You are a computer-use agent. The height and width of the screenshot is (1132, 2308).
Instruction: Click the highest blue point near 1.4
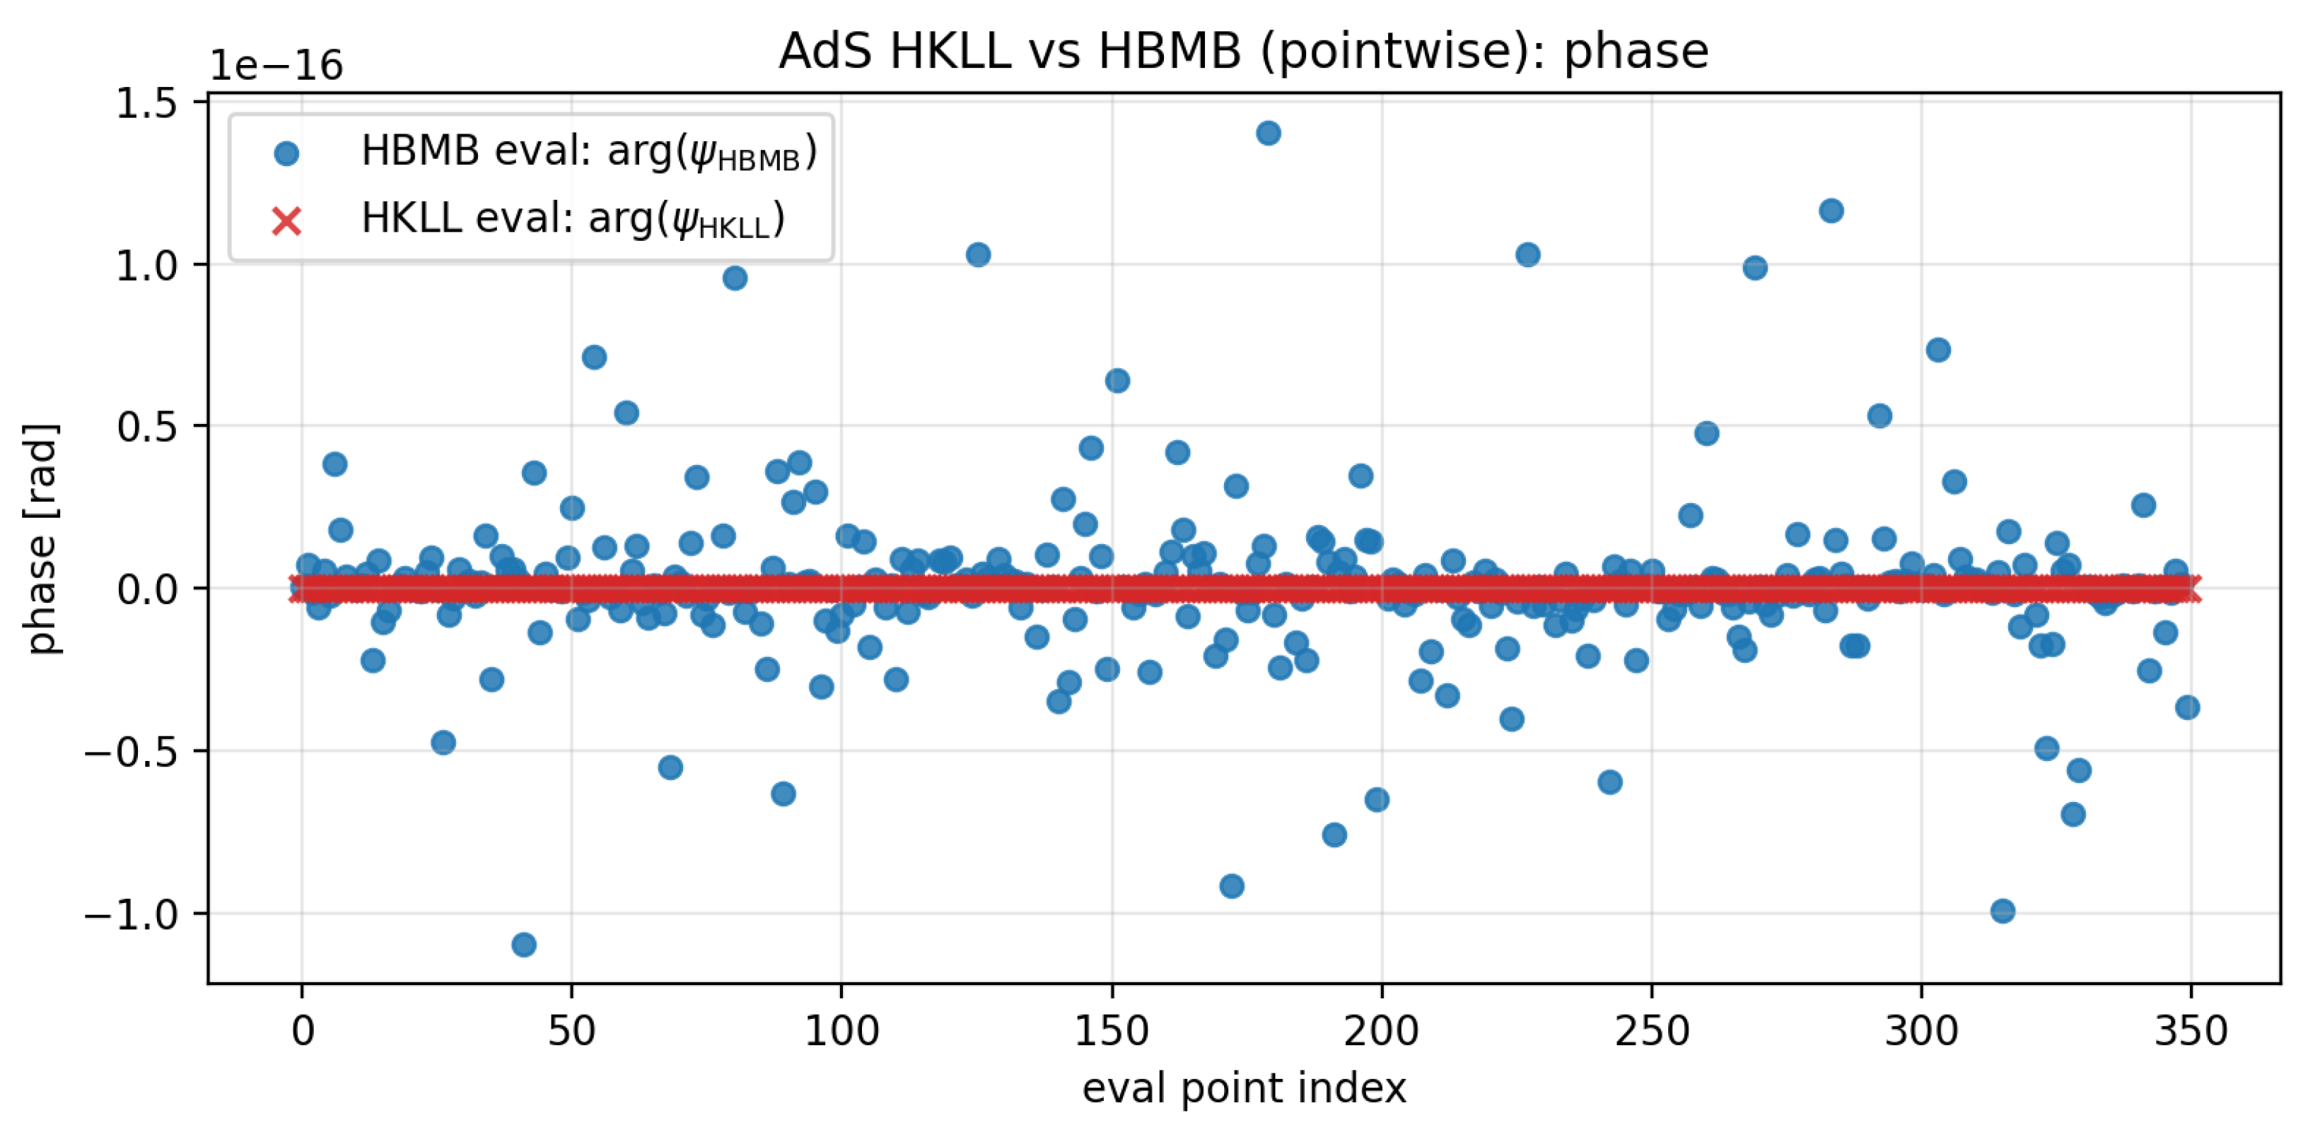1268,134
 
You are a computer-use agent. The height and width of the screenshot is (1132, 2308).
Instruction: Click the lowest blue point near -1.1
524,944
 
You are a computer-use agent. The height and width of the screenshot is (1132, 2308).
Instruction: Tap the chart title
1242,51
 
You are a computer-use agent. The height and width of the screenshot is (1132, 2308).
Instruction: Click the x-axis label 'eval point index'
1244,1088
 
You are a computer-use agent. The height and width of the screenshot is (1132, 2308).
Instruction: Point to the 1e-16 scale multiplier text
276,66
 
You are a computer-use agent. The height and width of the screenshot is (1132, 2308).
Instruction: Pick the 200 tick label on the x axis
1381,1031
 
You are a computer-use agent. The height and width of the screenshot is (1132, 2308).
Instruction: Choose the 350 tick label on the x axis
2191,1031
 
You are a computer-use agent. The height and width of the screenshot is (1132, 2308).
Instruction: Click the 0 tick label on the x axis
303,1031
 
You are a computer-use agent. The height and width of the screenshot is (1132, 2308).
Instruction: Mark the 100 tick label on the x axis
841,1031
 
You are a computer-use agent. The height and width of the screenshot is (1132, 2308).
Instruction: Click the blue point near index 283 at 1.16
1831,211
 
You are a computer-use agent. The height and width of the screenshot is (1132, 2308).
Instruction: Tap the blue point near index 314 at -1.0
2003,911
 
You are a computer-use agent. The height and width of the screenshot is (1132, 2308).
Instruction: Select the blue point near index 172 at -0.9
1232,885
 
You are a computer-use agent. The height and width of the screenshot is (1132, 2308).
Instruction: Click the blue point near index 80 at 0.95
735,278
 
